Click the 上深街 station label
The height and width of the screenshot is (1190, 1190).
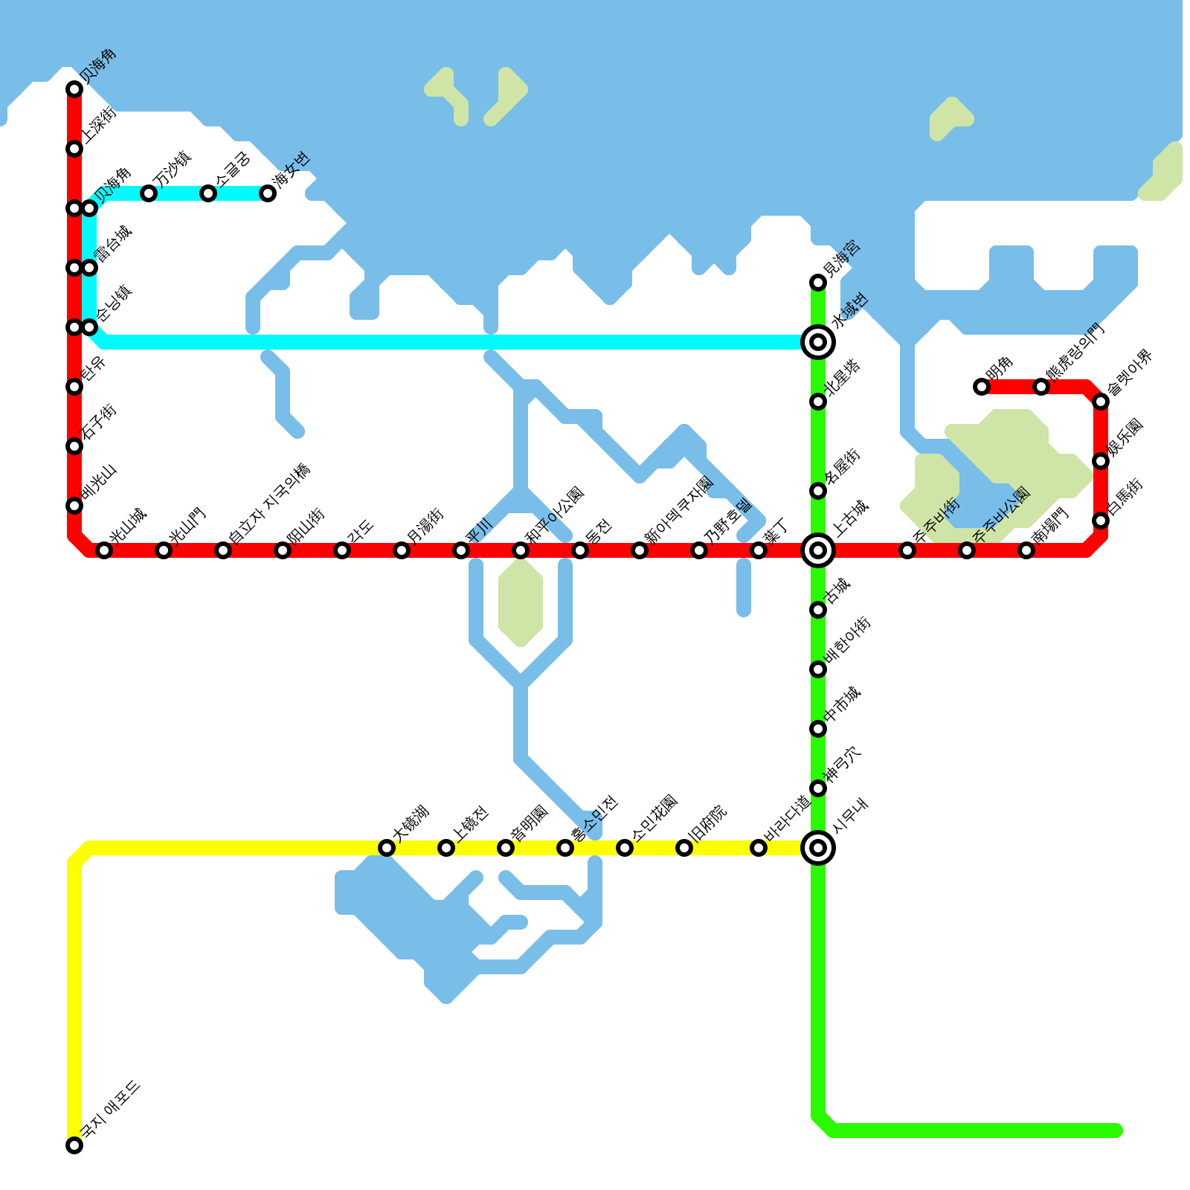point(99,124)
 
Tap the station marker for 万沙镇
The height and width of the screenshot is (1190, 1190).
point(149,193)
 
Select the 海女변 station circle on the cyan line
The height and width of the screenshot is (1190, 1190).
point(268,193)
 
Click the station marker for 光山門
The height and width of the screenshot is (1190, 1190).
point(164,550)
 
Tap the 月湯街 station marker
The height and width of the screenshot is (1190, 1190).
point(402,550)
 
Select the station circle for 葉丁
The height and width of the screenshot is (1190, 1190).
point(759,550)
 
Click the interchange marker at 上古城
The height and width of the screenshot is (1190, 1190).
point(818,550)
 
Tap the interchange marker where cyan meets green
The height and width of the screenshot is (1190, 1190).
point(818,342)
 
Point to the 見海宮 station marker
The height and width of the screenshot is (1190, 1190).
point(818,283)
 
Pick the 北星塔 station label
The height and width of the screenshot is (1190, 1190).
point(843,377)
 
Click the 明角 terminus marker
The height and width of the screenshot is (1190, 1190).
point(982,387)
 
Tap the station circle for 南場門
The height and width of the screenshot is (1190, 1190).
point(1026,550)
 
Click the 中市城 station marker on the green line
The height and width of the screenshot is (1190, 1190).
point(818,729)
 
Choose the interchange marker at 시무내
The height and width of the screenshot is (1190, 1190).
point(818,848)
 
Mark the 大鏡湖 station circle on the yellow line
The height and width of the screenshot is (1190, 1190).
point(387,848)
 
